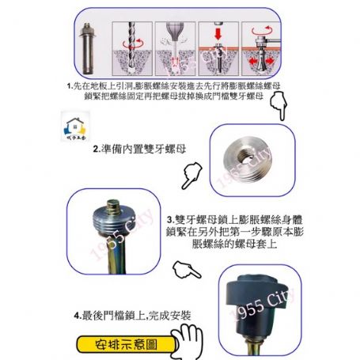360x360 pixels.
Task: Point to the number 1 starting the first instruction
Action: [70, 85]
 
